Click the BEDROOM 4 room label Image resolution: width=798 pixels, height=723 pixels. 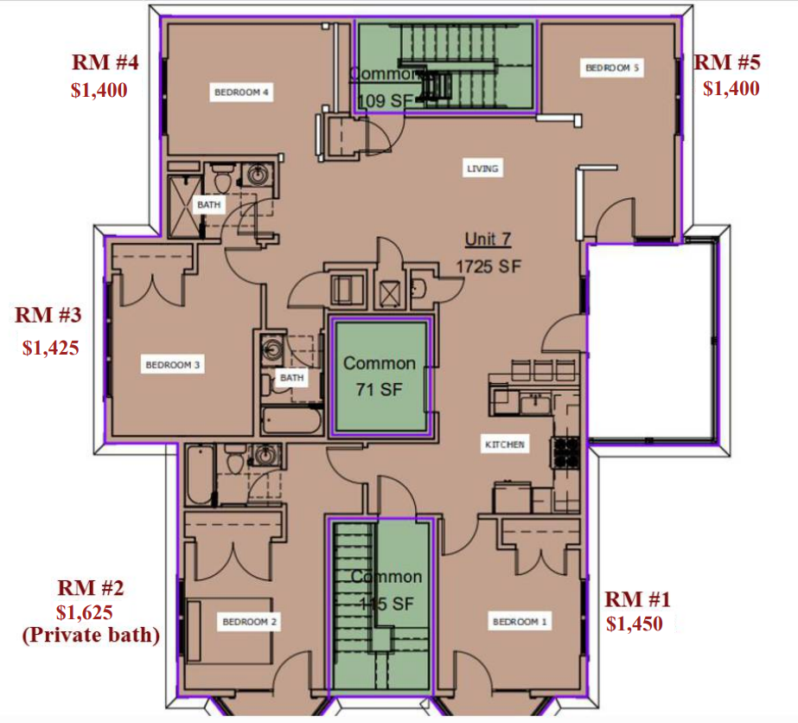(243, 93)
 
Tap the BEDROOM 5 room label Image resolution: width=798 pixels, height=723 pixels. (613, 67)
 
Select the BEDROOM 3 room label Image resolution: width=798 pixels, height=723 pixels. (173, 366)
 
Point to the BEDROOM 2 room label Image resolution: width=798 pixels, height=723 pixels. (250, 621)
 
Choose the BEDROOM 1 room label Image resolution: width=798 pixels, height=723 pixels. (520, 621)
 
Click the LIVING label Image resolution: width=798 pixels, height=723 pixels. (483, 169)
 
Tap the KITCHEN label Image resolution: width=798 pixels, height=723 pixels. (504, 445)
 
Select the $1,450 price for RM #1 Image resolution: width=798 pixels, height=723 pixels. (635, 623)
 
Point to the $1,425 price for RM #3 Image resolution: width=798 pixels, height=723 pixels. (51, 348)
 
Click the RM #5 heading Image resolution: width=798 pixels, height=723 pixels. (727, 62)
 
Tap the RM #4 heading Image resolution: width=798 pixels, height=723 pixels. (106, 63)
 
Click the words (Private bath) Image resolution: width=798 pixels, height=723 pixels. (91, 636)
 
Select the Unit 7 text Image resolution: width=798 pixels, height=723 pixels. (488, 240)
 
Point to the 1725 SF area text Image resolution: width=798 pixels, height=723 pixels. (488, 266)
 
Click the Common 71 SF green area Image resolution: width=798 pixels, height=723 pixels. (380, 376)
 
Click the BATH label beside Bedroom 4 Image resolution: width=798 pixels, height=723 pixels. (208, 205)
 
